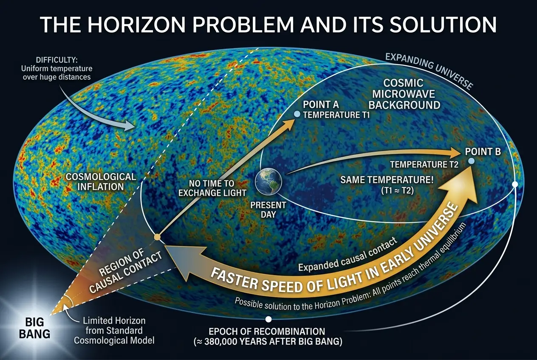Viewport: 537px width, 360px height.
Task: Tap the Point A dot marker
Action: (x=297, y=114)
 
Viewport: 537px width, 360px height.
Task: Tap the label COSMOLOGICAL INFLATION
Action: (x=102, y=181)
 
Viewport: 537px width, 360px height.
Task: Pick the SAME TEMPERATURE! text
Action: (x=387, y=180)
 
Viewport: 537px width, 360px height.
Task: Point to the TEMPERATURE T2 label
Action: (x=424, y=164)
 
